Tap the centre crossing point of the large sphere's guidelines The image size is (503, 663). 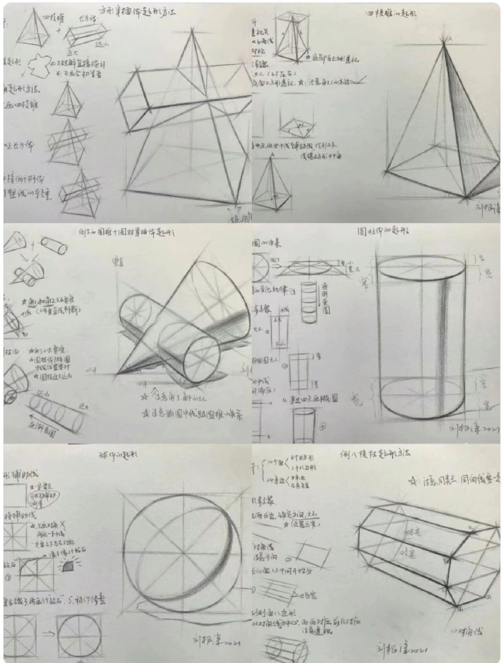click(x=184, y=553)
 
